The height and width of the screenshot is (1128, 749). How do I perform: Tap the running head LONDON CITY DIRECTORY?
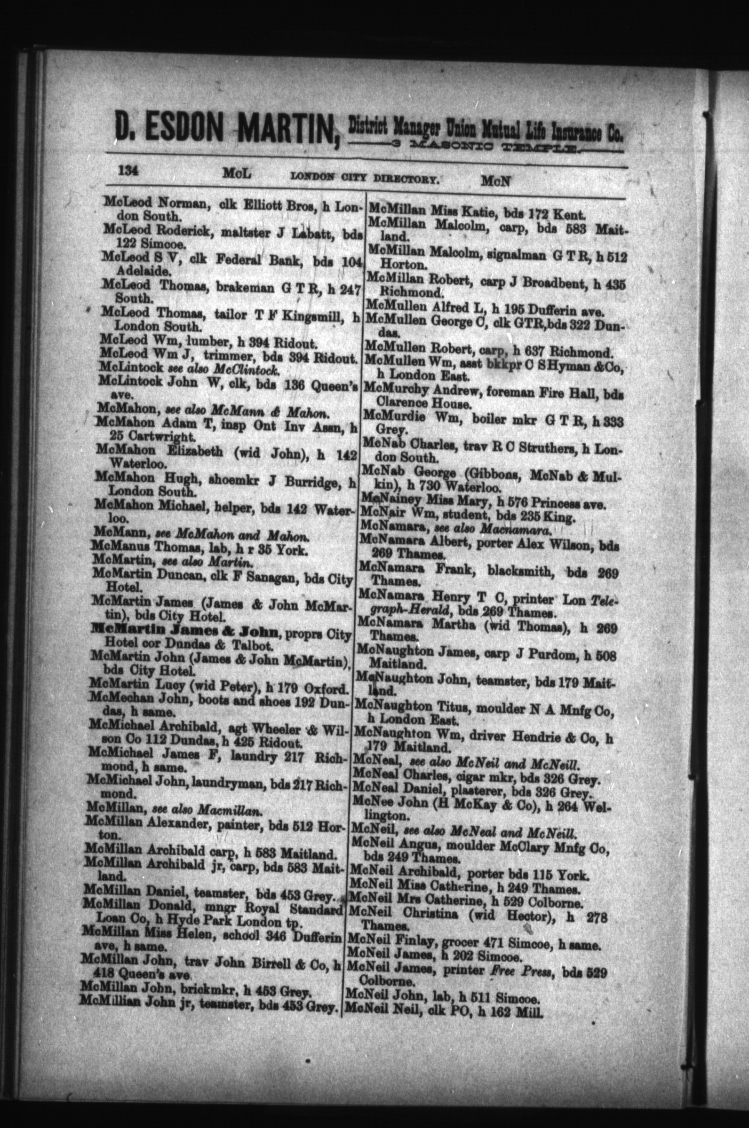pyautogui.click(x=365, y=179)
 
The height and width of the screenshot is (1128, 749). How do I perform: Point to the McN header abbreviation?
pyautogui.click(x=496, y=181)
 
